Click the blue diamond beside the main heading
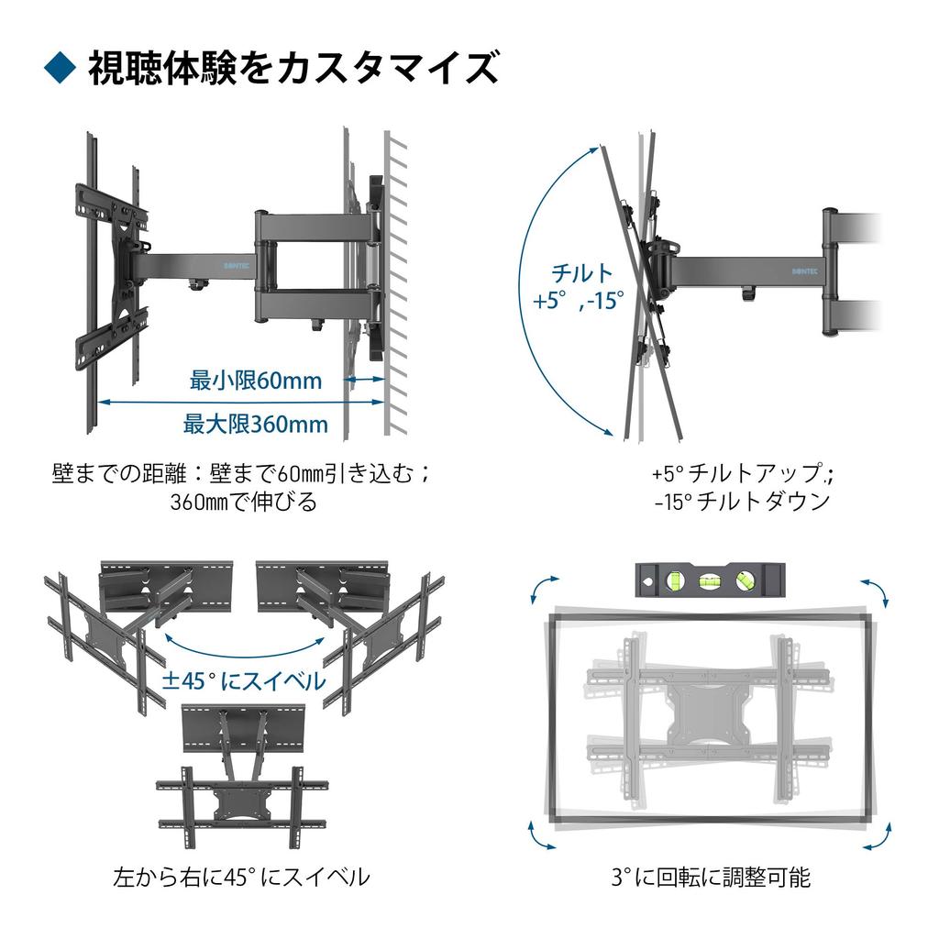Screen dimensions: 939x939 coord(61,69)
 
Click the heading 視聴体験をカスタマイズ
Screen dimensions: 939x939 coord(293,69)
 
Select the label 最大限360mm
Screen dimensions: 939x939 coord(256,424)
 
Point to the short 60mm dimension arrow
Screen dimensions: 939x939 coord(366,378)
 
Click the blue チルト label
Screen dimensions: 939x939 coord(581,273)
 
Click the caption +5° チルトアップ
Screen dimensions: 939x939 coord(743,473)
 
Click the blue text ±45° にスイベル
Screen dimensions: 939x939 coord(243,680)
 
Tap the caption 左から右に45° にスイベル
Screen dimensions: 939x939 coord(241,877)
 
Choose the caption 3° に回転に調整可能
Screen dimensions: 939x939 coord(711,877)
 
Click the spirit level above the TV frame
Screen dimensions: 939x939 coord(710,580)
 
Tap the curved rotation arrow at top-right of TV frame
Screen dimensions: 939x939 coord(874,592)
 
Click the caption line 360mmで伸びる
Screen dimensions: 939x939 coord(243,503)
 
